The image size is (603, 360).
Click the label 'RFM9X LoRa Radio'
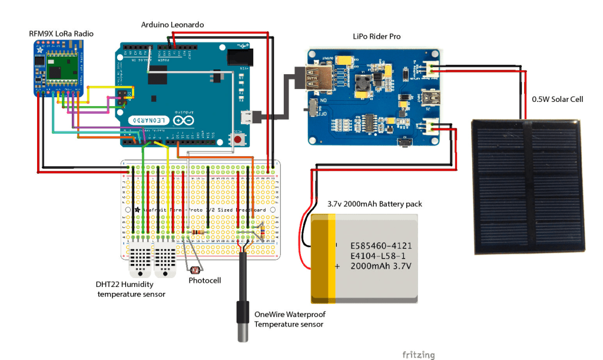tap(61, 34)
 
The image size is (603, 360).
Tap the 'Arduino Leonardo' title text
tap(173, 24)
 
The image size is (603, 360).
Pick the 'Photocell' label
tap(204, 280)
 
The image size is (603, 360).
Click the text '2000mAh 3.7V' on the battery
tap(380, 266)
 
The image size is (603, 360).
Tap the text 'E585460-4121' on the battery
tap(381, 245)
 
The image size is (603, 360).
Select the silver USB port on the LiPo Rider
tap(320, 78)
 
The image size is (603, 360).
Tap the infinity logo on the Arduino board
tap(183, 120)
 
